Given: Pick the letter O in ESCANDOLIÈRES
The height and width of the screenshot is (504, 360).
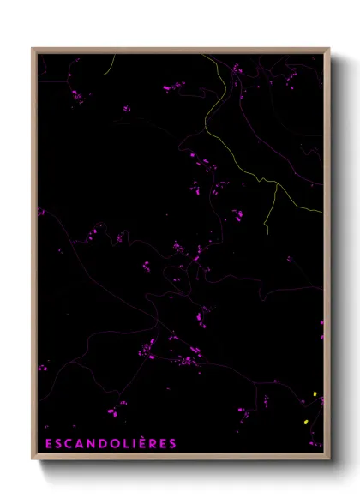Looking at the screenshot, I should tap(111, 443).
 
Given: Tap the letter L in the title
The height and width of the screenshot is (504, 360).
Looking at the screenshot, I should tap(123, 443).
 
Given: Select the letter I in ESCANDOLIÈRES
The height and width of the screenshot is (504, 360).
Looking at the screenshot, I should tap(130, 443).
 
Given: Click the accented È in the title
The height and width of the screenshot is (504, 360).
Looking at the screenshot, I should tap(139, 442).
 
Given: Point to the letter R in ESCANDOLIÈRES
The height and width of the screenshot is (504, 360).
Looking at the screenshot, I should tap(150, 443).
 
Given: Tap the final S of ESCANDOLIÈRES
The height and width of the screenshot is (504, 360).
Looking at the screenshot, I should tap(172, 443).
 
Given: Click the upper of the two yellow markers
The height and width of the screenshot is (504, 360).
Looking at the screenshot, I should tap(315, 394).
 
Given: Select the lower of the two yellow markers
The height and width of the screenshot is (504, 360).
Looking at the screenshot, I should tap(305, 423).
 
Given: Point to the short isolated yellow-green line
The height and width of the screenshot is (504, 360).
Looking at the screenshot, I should tap(108, 65).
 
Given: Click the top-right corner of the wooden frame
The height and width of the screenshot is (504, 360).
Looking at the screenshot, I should tap(329, 49).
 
